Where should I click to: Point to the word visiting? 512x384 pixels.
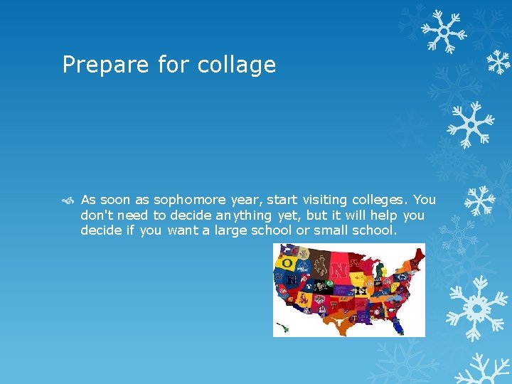coord(328,200)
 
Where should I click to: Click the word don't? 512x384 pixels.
coord(97,215)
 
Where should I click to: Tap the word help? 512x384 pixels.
coord(381,215)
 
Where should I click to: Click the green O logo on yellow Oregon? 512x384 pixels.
coord(287,263)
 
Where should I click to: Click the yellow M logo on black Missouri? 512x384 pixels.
coord(362,290)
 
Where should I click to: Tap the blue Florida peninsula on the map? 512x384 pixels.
coord(398,326)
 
